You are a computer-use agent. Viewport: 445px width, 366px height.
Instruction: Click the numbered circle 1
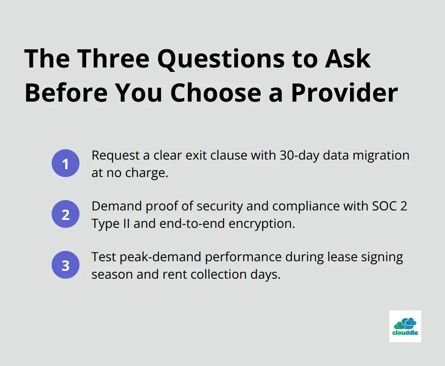pyautogui.click(x=66, y=163)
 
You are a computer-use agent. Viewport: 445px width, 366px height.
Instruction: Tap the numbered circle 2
pyautogui.click(x=66, y=214)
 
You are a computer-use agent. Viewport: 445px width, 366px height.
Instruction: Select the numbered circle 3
pyautogui.click(x=66, y=265)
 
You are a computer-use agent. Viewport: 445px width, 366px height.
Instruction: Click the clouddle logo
pyautogui.click(x=405, y=326)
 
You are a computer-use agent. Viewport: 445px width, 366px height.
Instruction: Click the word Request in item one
pyautogui.click(x=116, y=155)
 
